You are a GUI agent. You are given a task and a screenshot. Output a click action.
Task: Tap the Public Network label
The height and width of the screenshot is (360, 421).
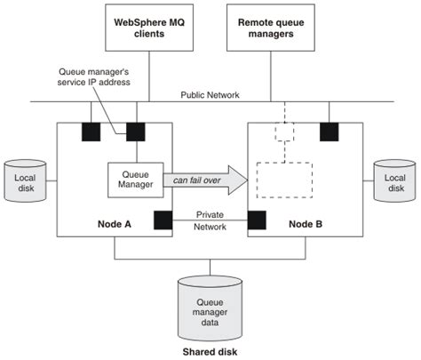click(210, 93)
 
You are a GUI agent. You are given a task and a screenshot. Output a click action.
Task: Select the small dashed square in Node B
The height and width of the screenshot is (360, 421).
click(283, 132)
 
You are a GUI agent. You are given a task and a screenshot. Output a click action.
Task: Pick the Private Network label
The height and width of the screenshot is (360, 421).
click(210, 219)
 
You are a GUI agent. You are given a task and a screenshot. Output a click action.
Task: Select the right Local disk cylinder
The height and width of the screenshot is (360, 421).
click(393, 182)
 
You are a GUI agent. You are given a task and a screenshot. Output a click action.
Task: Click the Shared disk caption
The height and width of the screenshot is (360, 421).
click(210, 352)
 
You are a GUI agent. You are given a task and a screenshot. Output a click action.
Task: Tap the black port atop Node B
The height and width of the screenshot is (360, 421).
click(329, 132)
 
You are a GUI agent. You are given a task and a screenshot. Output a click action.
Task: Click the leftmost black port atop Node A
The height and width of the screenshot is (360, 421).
click(91, 132)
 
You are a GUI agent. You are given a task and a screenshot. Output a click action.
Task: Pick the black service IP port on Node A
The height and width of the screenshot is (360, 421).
click(136, 132)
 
